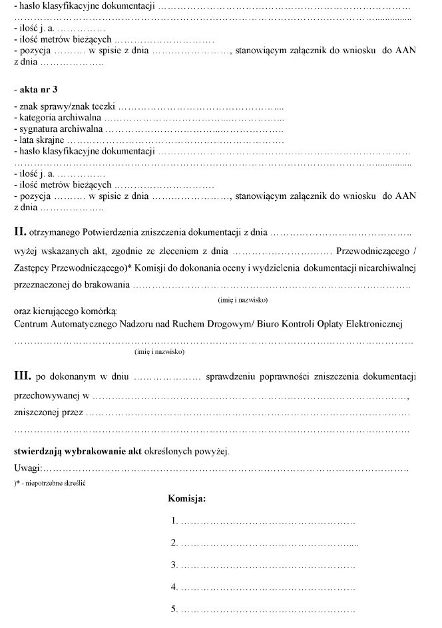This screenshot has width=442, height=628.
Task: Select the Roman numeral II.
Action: click(20, 232)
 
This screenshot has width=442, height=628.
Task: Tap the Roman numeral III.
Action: click(23, 377)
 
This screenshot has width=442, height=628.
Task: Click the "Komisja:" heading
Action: click(187, 498)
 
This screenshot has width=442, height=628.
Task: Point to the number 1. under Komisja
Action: click(174, 521)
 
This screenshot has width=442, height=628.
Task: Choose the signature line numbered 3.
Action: click(267, 565)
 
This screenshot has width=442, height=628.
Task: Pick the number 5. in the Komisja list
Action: click(174, 609)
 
